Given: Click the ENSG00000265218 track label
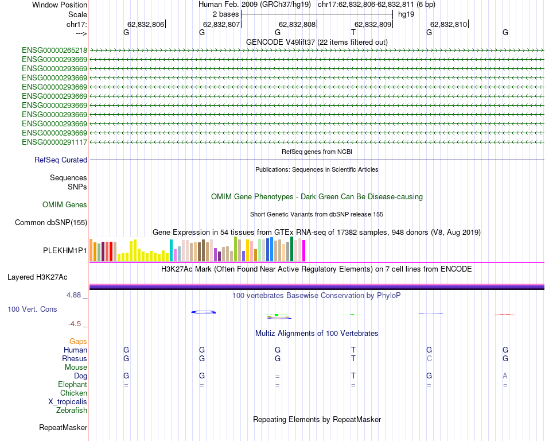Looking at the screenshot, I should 54,50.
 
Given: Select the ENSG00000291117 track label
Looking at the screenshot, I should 54,142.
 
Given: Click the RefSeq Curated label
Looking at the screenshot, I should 61,160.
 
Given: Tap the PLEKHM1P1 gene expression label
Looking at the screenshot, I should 65,251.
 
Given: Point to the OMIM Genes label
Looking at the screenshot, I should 65,205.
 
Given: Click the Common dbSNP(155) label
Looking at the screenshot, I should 51,223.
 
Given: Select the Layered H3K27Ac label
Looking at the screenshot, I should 37,277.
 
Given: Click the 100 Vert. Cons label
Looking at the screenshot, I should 32,310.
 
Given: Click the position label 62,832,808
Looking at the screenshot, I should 297,25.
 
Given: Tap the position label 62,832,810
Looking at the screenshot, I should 449,25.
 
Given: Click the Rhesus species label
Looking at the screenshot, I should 75,359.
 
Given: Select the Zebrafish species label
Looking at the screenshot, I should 72,411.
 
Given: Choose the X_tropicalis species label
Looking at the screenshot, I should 68,402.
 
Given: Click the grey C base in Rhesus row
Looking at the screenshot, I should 429,359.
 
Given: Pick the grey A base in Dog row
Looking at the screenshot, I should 505,376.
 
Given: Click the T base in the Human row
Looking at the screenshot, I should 353,350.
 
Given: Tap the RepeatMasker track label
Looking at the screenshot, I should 63,428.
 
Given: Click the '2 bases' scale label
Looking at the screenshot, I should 225,14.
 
